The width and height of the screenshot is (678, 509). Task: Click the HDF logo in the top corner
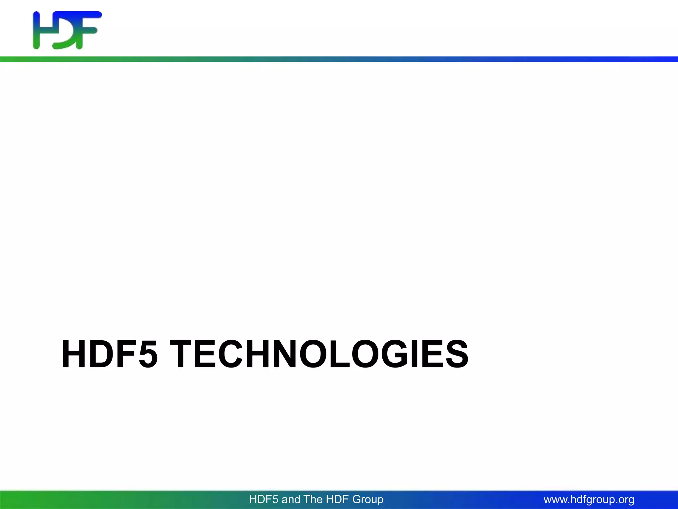67,30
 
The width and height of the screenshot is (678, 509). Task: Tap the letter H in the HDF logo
41,30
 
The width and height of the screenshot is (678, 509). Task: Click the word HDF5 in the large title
110,355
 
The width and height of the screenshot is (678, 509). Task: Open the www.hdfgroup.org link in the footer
589,499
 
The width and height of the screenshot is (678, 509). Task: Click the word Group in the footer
368,499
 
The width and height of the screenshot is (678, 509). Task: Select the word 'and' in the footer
291,499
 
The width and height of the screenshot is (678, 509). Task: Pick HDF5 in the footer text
264,499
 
